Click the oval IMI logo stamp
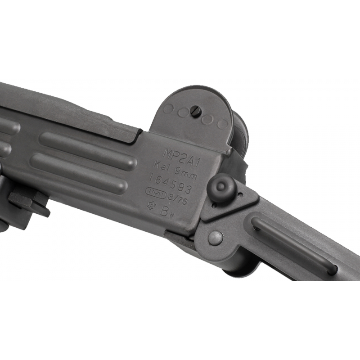coord(156,193)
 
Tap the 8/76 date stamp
coord(177,199)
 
